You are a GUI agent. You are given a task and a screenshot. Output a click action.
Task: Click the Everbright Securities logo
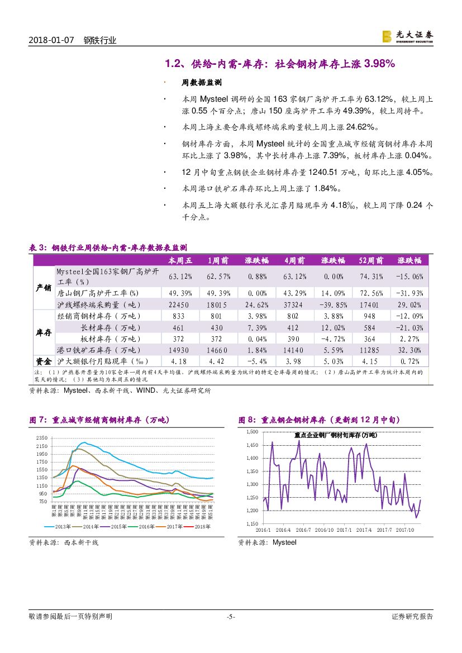pos(407,36)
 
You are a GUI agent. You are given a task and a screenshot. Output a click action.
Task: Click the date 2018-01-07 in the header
pos(51,40)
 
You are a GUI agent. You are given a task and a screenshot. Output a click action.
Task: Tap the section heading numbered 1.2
pos(280,64)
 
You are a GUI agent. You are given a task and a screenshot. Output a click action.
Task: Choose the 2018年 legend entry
pos(197,527)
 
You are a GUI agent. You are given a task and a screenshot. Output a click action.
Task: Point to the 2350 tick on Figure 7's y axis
pos(42,438)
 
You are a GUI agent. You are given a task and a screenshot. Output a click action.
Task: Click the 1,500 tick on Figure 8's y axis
pos(251,432)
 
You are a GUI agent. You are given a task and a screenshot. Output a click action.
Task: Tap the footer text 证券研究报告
pos(412,617)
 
